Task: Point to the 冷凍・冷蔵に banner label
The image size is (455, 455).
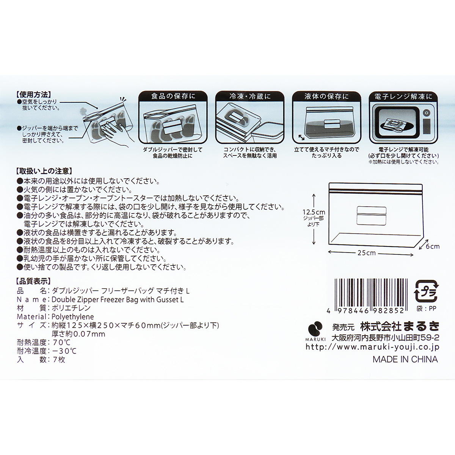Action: tap(250, 96)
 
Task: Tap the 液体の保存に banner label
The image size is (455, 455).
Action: tap(326, 96)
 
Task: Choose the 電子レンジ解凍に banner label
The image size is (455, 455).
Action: tap(403, 96)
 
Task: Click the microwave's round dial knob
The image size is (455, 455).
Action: tap(426, 113)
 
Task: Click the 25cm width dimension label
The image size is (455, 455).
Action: tap(366, 253)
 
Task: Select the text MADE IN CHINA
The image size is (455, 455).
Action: tap(405, 359)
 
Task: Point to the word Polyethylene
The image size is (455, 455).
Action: tap(72, 317)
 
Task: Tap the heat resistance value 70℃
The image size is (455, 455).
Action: tap(60, 343)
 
